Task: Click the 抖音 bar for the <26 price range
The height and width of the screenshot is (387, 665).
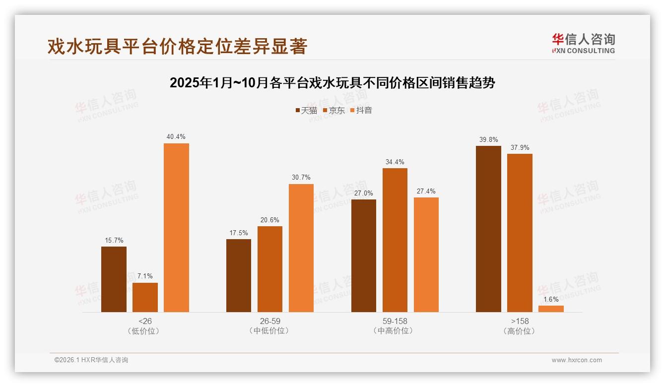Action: pos(176,228)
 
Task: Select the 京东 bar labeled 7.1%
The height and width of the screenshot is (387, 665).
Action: pos(145,297)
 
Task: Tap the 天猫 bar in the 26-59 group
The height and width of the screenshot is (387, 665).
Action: pos(239,275)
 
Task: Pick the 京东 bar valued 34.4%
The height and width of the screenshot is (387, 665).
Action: pos(395,240)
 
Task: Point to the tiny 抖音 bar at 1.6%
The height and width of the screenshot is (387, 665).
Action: pos(551,309)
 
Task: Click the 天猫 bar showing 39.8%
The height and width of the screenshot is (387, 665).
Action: pos(488,229)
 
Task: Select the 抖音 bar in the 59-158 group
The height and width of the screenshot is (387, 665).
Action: pos(426,255)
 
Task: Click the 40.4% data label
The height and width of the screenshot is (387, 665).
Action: pos(176,137)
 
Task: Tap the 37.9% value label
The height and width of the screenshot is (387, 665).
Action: pos(520,147)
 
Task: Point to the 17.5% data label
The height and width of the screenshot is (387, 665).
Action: pos(239,233)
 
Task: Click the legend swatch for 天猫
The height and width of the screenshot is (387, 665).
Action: pos(297,111)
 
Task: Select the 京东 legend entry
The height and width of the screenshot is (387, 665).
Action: pos(333,111)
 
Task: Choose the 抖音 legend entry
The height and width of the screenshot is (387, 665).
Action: pos(361,111)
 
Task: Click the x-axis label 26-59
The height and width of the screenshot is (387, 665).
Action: pos(270,321)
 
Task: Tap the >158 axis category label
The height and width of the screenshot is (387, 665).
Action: pos(520,321)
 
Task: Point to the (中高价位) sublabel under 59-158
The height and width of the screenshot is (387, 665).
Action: pos(395,331)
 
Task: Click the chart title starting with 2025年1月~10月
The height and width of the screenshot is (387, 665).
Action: pos(332,83)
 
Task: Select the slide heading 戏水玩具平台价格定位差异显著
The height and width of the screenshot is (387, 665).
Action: pos(177,46)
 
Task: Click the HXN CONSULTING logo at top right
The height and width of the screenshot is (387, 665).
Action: pos(583,43)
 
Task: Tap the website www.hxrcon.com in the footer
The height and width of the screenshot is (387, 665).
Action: pos(577,360)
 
